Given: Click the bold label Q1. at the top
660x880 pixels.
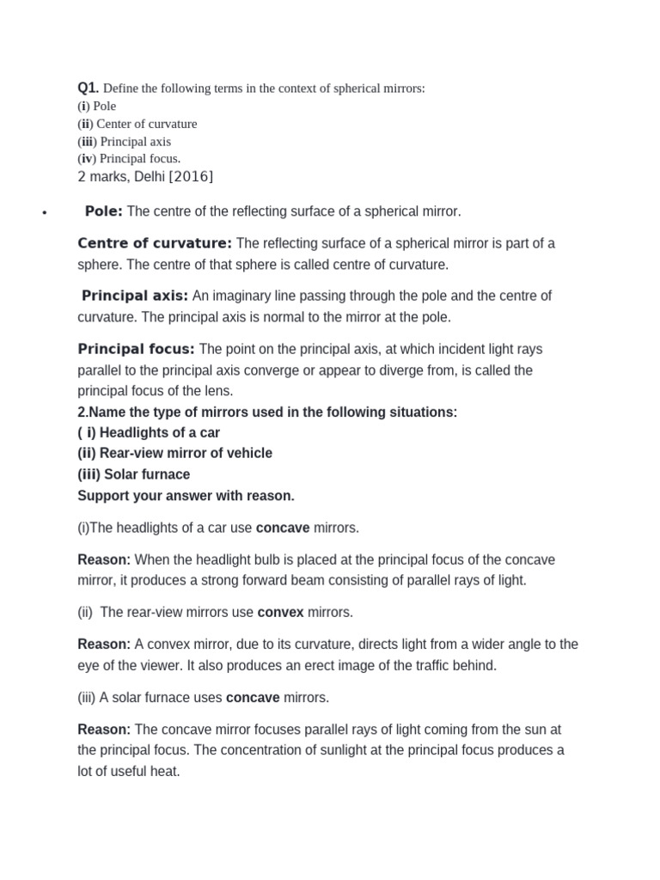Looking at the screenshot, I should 89,88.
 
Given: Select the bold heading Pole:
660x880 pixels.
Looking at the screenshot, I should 104,211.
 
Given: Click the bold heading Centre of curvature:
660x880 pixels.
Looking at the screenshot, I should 155,243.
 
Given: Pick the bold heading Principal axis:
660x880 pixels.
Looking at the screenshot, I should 135,296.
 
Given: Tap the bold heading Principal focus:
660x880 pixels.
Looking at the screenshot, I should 137,349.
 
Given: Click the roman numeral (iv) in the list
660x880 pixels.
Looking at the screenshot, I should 87,158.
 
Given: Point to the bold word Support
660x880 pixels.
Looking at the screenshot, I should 103,496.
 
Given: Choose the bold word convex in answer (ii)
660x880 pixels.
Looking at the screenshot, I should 281,613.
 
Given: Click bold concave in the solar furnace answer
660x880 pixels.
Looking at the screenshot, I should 253,697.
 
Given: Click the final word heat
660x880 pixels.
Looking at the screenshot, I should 165,771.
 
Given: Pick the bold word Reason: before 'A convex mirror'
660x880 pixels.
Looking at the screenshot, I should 104,644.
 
